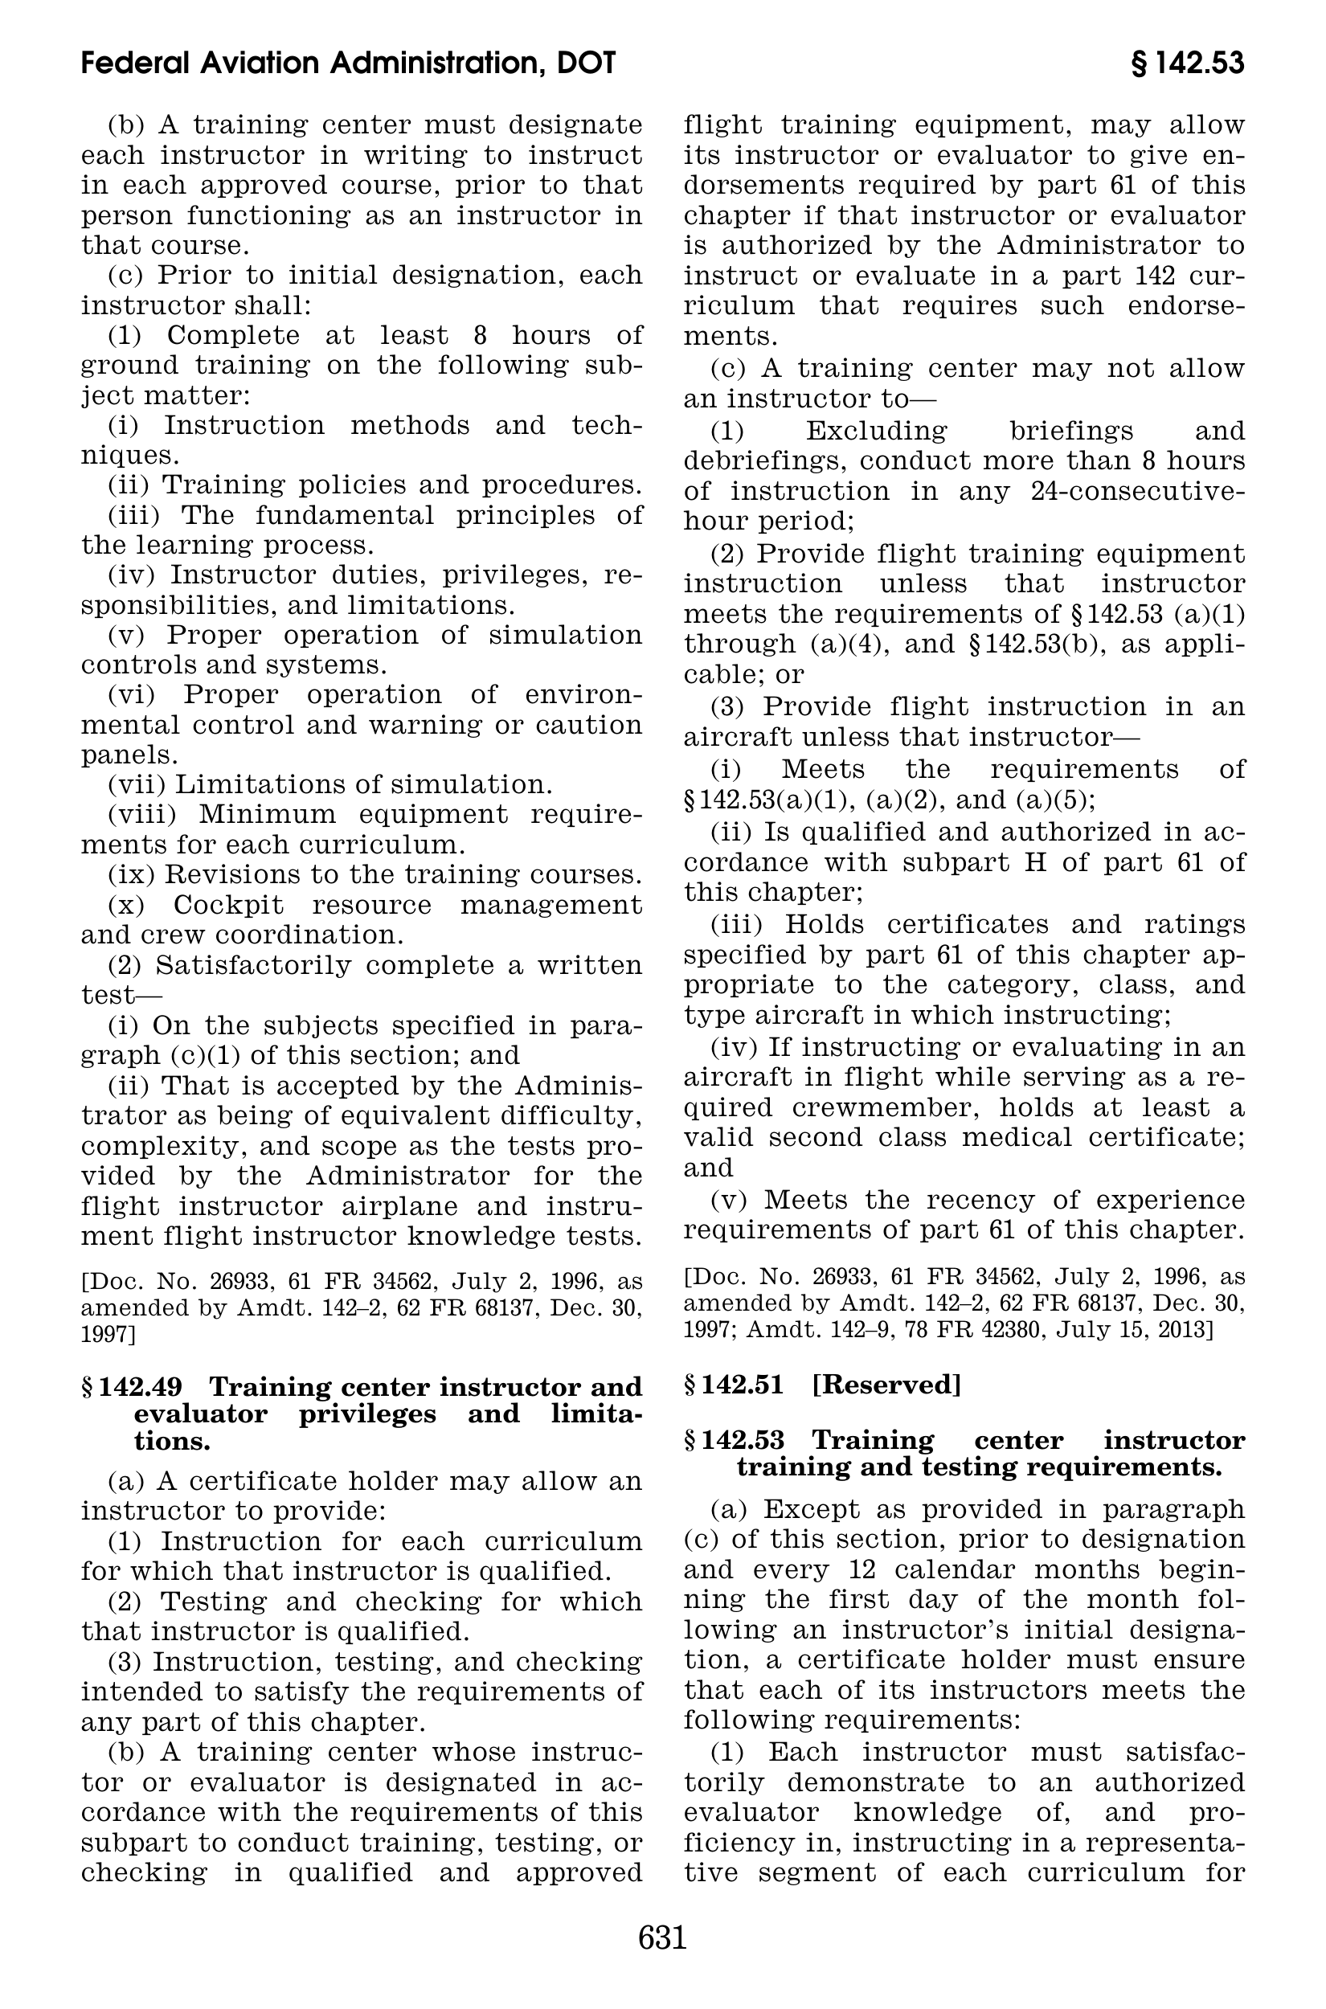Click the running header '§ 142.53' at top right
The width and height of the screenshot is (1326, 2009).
point(1186,63)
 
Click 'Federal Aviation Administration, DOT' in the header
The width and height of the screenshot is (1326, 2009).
point(349,63)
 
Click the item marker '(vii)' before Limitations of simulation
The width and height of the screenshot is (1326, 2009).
point(137,784)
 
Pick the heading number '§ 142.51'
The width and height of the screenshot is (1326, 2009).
point(734,1385)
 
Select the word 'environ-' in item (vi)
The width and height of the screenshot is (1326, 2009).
point(583,695)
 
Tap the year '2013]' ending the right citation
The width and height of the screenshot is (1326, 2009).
point(1190,1330)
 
